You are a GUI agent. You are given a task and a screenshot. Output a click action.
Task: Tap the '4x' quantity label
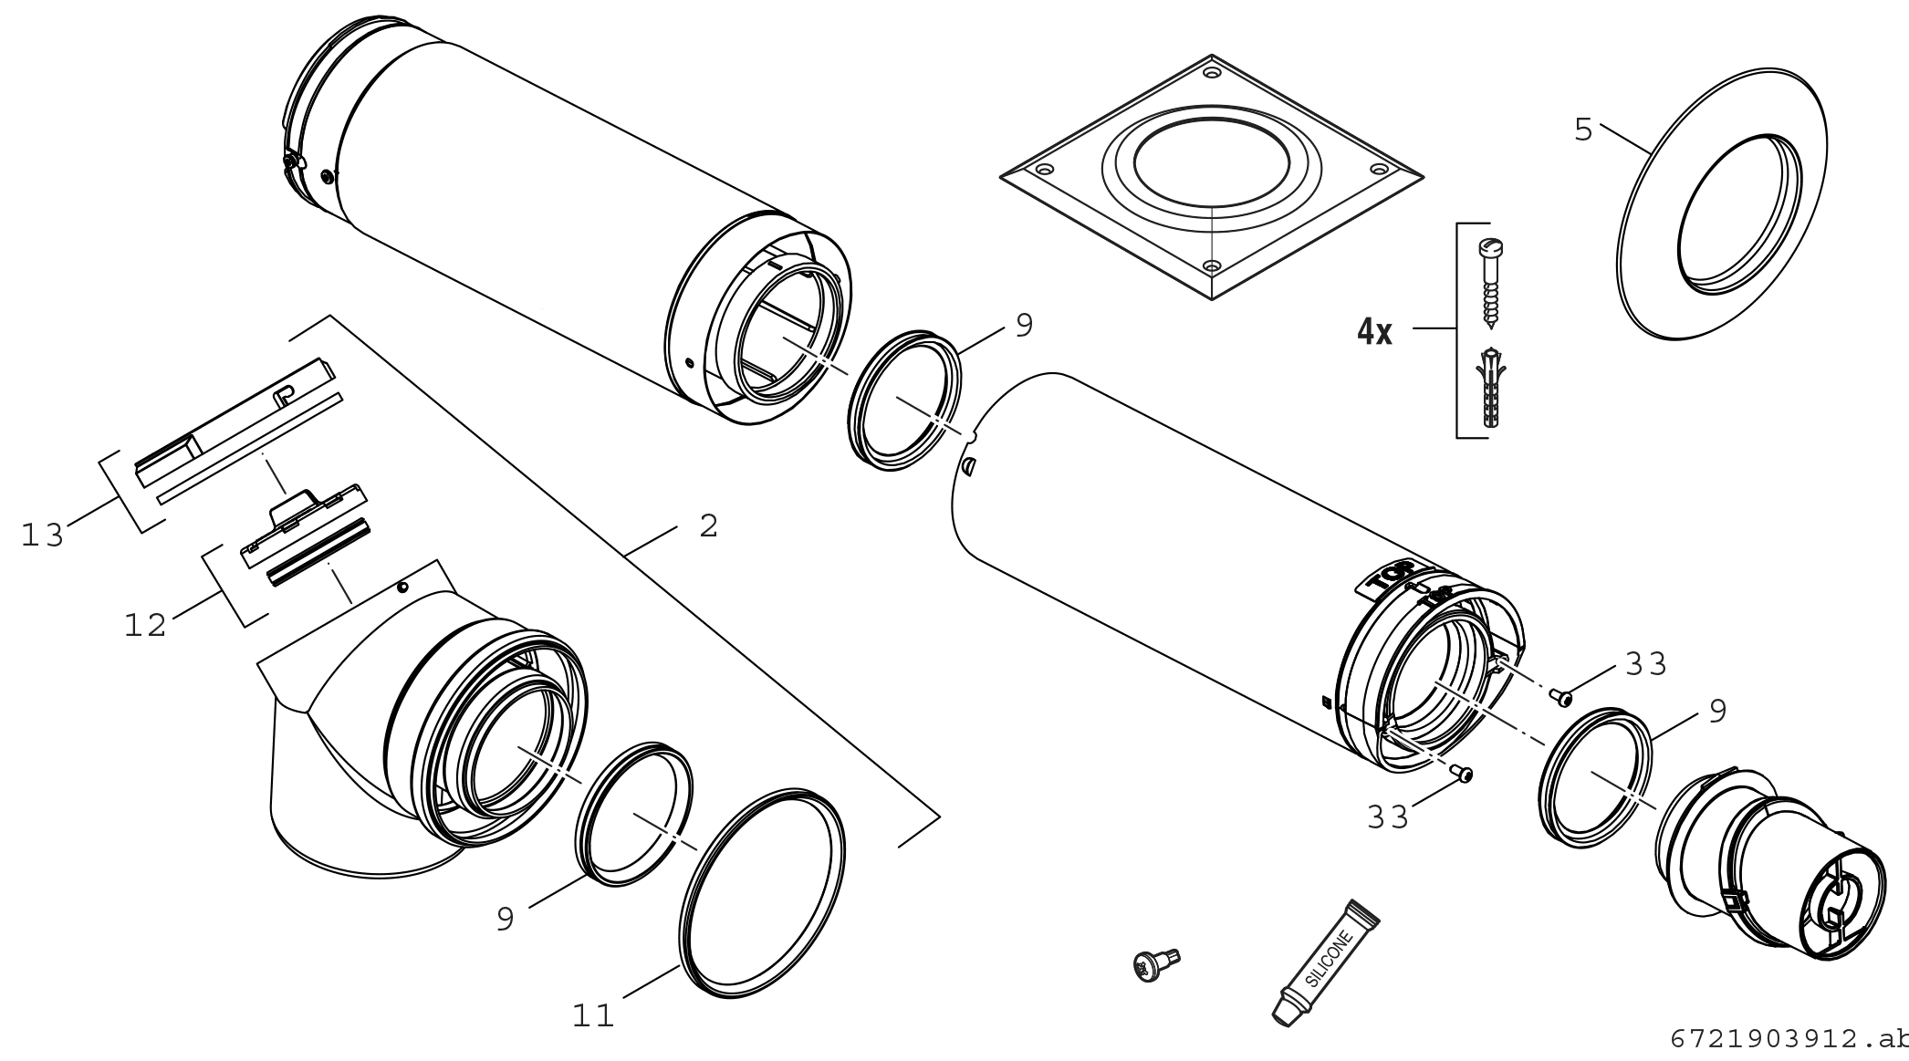tap(1374, 332)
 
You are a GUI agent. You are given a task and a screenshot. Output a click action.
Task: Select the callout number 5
tap(1583, 130)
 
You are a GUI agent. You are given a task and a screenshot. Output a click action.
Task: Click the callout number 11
tap(594, 1014)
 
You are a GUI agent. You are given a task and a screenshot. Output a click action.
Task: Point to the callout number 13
tap(43, 535)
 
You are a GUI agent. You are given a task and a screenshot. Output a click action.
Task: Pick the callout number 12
tap(146, 625)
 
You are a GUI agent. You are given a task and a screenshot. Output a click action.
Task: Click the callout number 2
tap(709, 525)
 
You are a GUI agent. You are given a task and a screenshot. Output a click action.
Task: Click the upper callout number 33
tap(1646, 664)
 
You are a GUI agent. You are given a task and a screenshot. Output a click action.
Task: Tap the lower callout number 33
tap(1388, 817)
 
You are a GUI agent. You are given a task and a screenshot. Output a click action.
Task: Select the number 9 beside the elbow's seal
tap(506, 919)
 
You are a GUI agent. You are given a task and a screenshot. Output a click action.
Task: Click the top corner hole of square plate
tap(1211, 71)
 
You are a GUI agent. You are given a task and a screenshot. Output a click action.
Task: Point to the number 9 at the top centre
tap(1024, 326)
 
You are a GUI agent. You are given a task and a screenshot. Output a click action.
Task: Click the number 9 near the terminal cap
tap(1717, 712)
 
